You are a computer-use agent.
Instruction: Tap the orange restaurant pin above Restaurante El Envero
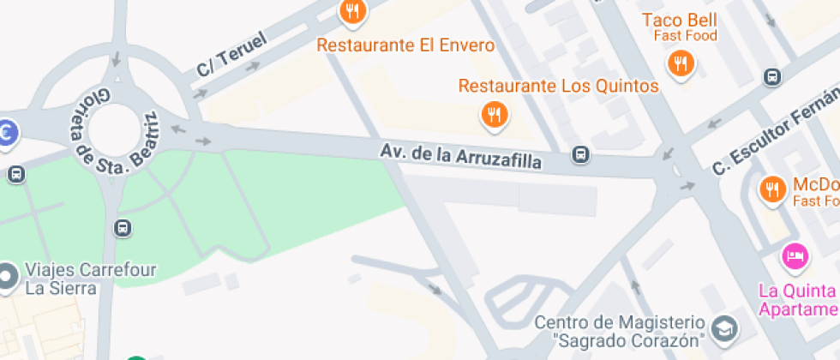coord(352,12)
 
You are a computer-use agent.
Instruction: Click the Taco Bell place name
coord(680,20)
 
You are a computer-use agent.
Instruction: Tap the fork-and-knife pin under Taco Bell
coord(681,63)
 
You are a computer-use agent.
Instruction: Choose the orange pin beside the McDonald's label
coord(772,189)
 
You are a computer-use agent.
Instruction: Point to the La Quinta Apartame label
coord(798,299)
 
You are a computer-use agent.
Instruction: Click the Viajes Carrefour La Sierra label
coord(90,279)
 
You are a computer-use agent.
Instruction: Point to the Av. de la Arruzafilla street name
coord(461,156)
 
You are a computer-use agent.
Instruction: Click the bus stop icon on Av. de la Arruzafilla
coord(581,154)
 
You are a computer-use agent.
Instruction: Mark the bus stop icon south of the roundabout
coord(123,228)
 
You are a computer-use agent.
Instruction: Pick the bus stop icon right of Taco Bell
coord(772,77)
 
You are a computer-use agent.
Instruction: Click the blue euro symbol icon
coord(7,134)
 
